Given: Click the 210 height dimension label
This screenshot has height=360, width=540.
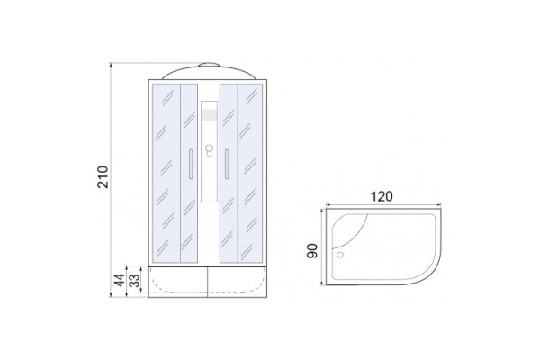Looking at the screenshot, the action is (103, 177).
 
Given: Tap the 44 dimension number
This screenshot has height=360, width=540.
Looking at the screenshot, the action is (119, 280).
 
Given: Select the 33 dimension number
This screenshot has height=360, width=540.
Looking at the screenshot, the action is (134, 280).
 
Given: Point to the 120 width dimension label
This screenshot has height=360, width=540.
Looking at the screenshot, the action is (382, 197).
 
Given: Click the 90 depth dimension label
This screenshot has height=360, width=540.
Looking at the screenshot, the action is (312, 251).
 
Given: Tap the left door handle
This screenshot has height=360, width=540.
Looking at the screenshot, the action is (191, 164).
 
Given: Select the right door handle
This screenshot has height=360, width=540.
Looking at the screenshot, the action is (227, 164).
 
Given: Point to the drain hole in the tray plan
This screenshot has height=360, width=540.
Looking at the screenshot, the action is (340, 255).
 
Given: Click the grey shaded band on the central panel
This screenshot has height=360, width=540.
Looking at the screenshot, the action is (209, 115).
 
